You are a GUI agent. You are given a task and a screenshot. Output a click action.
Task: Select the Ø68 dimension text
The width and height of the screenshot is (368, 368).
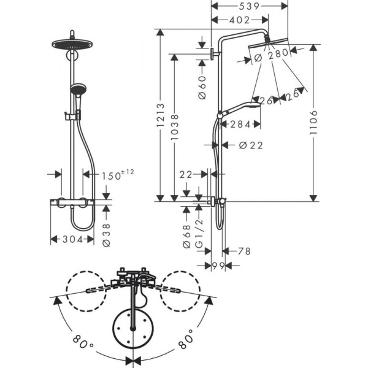pos(187,236)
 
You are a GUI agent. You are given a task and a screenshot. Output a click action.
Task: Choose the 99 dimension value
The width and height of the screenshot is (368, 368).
pos(217,266)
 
